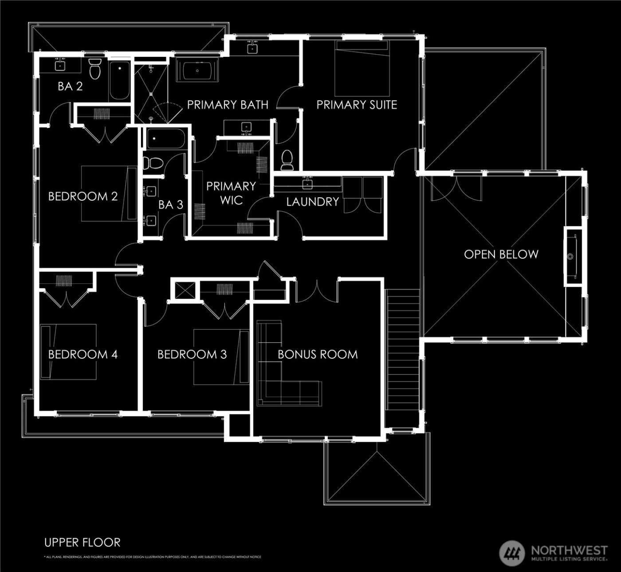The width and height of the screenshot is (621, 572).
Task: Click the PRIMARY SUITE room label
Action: [356, 105]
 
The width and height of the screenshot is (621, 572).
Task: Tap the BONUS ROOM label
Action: [318, 354]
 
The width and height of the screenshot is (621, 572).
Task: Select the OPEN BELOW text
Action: [501, 254]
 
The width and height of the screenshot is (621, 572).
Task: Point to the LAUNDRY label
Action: [312, 202]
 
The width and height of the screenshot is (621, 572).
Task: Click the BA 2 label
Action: [70, 86]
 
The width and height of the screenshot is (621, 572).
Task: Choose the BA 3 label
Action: [171, 205]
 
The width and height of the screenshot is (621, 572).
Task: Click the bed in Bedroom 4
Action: [68, 352]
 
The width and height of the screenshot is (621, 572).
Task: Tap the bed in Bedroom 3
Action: [221, 357]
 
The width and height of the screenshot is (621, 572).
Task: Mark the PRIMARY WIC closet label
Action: [231, 193]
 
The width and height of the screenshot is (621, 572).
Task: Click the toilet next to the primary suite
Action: [287, 159]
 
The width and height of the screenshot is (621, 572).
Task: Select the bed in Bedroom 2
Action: [109, 194]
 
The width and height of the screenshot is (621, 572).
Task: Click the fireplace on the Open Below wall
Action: [572, 256]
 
